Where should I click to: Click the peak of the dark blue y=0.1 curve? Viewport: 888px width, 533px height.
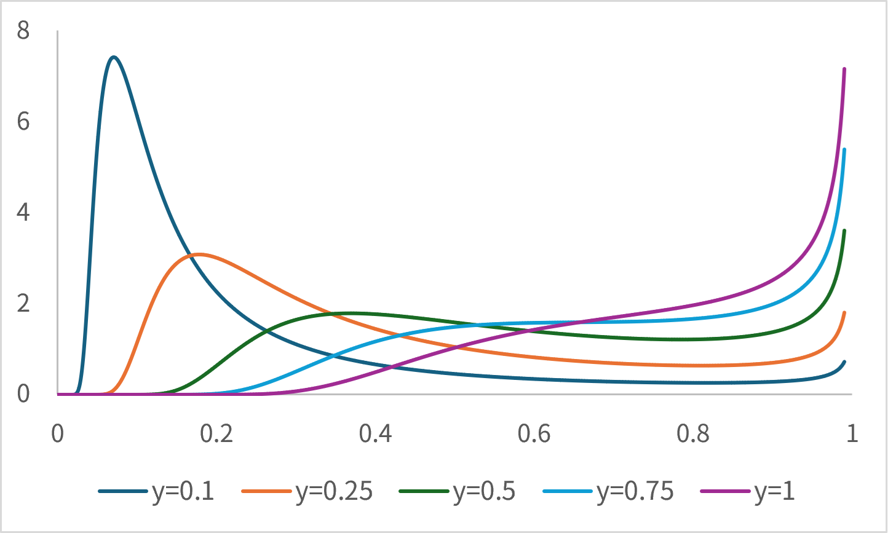114,57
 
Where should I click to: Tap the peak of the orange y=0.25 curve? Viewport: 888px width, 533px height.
197,254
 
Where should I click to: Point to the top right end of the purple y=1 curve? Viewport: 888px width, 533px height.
844,69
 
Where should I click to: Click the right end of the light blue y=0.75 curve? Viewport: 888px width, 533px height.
844,149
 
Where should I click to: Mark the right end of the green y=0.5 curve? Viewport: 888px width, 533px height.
844,231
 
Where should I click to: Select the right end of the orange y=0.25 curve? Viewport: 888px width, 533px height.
844,312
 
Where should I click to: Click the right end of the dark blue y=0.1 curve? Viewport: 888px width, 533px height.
844,361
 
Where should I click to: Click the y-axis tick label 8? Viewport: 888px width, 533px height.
23,30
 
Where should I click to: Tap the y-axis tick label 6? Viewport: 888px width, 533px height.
23,121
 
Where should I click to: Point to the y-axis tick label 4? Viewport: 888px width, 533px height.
23,212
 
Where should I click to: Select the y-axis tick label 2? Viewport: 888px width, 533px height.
23,303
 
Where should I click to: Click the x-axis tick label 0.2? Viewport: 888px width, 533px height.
216,434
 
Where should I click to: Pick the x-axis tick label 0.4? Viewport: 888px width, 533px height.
375,434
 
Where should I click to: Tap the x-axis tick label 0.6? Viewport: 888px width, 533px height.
534,434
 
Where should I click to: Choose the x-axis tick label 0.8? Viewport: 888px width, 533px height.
693,434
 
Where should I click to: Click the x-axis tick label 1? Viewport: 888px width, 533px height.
852,434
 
